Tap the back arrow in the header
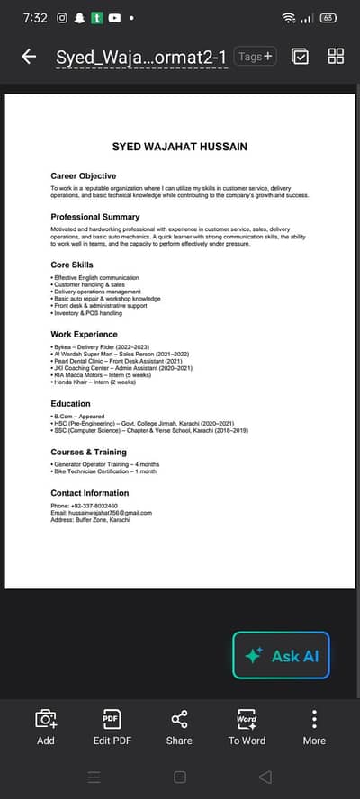coord(29,57)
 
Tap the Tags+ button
coord(256,57)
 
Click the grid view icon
coord(336,57)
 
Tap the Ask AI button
coord(282,655)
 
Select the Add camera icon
coord(46,720)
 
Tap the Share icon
coord(179,720)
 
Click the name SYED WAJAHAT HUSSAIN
coord(179,146)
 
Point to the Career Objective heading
coord(83,175)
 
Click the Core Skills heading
coord(72,265)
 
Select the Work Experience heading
coord(84,334)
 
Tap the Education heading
coord(70,404)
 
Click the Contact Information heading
coord(89,493)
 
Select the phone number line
coord(84,505)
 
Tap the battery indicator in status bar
coord(328,17)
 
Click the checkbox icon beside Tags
coord(301,57)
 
